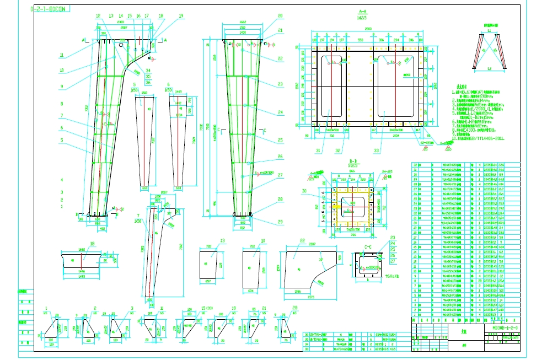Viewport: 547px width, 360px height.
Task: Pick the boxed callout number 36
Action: pos(148,82)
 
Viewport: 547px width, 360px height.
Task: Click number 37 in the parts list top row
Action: pos(415,164)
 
